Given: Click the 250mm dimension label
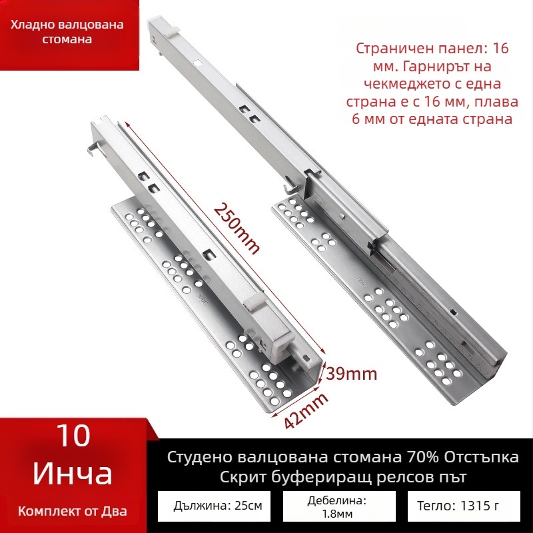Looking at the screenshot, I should (x=237, y=227).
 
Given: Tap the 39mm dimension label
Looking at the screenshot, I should (x=352, y=373).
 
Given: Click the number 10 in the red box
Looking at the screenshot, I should (x=73, y=436).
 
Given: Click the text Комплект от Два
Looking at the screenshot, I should (x=73, y=511).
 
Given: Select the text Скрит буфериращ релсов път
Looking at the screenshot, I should (x=342, y=478).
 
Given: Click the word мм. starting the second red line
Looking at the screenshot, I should (x=380, y=67).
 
